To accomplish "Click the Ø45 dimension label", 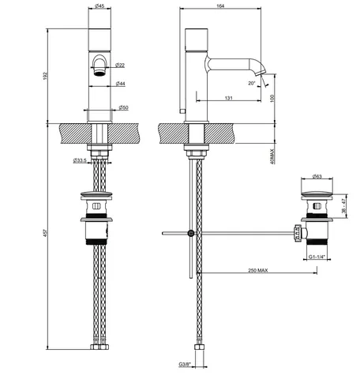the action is pyautogui.click(x=99, y=6).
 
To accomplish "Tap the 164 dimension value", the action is pyautogui.click(x=220, y=6).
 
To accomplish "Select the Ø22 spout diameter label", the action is pyautogui.click(x=120, y=65).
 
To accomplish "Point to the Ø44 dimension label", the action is pyautogui.click(x=121, y=84).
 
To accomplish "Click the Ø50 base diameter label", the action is pyautogui.click(x=123, y=107).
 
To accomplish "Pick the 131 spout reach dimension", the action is pyautogui.click(x=229, y=98).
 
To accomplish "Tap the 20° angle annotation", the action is pyautogui.click(x=252, y=83).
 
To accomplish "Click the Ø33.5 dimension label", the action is pyautogui.click(x=80, y=160).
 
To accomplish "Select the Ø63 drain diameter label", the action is pyautogui.click(x=317, y=176).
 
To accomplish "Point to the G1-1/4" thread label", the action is pyautogui.click(x=317, y=257).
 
